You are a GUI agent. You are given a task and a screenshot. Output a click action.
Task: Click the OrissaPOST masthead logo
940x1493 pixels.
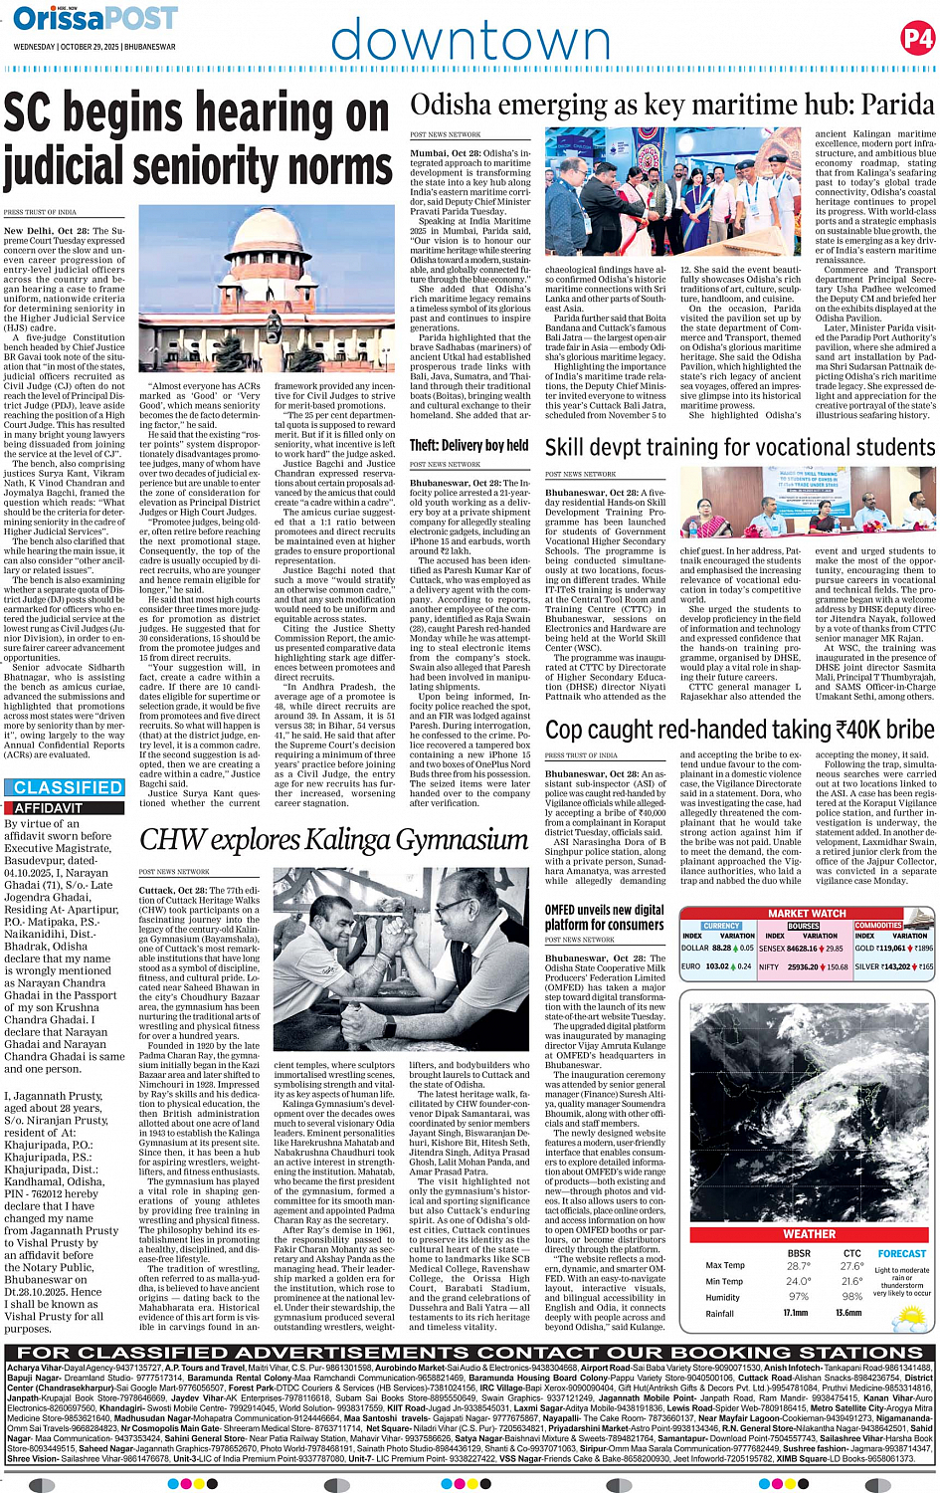pyautogui.click(x=95, y=18)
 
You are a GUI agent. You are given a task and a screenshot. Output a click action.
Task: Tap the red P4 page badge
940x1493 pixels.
pyautogui.click(x=916, y=39)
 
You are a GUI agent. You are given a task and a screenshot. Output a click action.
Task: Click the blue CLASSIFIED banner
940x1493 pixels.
pyautogui.click(x=68, y=787)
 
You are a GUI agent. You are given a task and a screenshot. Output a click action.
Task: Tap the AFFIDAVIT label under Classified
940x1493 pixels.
pyautogui.click(x=48, y=808)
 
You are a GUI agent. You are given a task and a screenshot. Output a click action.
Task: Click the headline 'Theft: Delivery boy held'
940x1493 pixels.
pyautogui.click(x=469, y=445)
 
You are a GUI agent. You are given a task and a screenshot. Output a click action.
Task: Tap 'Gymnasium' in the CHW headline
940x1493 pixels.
pyautogui.click(x=453, y=840)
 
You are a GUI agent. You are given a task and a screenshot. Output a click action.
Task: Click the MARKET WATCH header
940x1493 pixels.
pyautogui.click(x=807, y=913)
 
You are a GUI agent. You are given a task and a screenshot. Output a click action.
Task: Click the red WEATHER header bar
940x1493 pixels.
pyautogui.click(x=809, y=1233)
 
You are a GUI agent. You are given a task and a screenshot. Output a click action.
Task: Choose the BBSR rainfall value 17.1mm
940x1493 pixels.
pyautogui.click(x=796, y=1313)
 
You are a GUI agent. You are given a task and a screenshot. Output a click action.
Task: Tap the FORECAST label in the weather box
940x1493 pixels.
pyautogui.click(x=902, y=1254)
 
